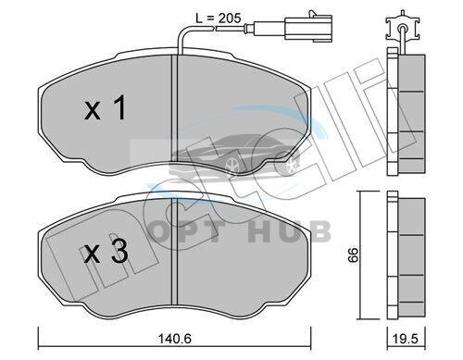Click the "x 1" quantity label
106,107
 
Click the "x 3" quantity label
106,253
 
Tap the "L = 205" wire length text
219,19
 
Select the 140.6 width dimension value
175,339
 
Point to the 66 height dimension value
353,254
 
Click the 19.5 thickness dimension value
407,339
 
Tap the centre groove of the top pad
175,108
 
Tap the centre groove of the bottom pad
175,252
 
